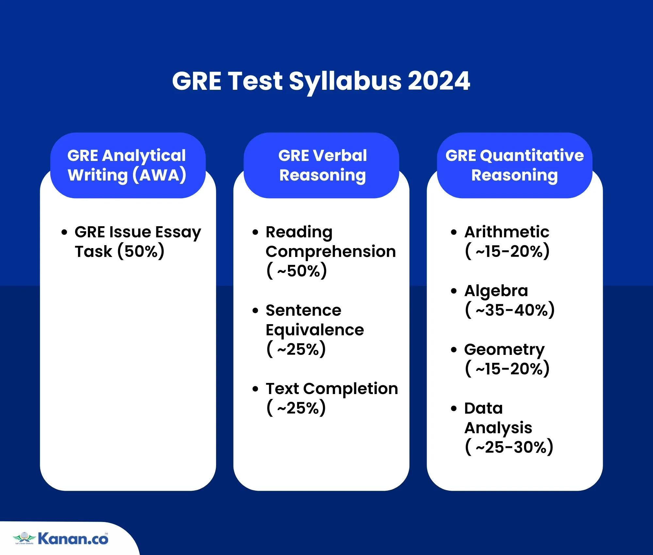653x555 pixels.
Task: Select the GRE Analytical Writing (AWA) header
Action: coord(127,165)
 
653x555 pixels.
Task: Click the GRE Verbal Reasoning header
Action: coord(322,165)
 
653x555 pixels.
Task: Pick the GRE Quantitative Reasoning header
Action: coord(515,165)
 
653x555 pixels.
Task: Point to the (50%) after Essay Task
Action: coord(141,251)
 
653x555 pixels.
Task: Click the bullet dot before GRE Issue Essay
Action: coord(64,232)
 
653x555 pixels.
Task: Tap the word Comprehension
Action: coord(330,251)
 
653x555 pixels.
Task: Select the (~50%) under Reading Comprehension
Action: coord(296,271)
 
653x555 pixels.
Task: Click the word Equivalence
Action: coord(315,330)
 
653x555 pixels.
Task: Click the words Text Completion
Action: coord(332,388)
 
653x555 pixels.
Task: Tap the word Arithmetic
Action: coord(507,232)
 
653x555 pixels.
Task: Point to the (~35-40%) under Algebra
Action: coord(510,310)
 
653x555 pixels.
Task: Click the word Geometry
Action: coord(504,349)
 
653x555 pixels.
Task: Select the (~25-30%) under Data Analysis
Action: coord(509,447)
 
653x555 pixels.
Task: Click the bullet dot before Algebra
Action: coord(454,291)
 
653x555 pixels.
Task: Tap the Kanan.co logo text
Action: coord(73,539)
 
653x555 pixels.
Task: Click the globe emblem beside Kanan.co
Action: coord(24,537)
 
